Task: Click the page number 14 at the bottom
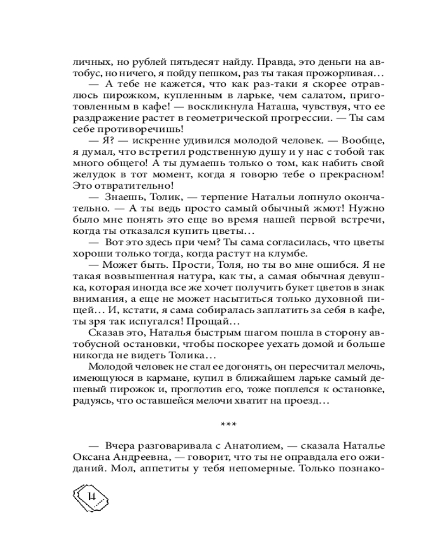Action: (x=91, y=496)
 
